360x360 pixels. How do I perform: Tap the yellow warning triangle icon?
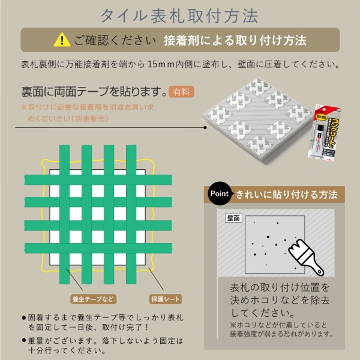[x=62, y=40]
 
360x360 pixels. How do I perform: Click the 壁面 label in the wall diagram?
[x=233, y=218]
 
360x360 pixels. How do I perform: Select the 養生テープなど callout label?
[x=92, y=298]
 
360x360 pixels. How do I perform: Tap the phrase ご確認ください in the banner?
[x=115, y=41]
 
